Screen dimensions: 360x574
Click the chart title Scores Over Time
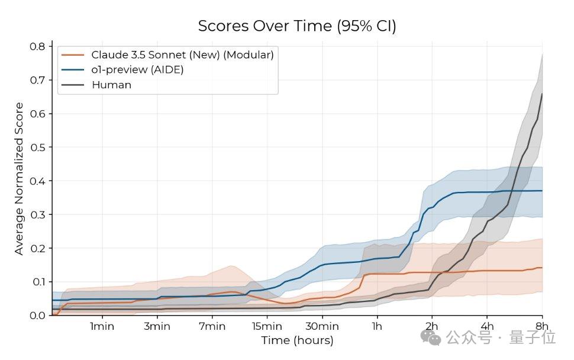point(296,26)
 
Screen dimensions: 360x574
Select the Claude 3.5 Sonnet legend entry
point(182,54)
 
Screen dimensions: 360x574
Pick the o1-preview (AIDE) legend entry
point(137,69)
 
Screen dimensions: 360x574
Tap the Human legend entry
point(111,85)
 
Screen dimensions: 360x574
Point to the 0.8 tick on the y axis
point(38,46)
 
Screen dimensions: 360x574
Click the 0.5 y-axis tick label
point(38,147)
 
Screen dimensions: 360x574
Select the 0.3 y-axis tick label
point(38,214)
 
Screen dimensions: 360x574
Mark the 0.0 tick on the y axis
point(38,315)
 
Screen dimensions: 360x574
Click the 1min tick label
point(102,326)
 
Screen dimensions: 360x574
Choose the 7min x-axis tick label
point(212,326)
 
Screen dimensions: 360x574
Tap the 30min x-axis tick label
point(322,326)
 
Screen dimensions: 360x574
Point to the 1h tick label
point(377,326)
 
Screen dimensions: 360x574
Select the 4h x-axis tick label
point(487,326)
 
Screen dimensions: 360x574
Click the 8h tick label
point(541,326)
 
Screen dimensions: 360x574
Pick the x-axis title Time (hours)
point(297,340)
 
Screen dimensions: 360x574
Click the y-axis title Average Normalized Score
point(20,178)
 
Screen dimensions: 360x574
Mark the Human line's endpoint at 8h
point(541,94)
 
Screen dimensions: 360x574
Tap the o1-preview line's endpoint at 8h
point(541,191)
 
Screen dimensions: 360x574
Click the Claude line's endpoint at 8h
point(541,268)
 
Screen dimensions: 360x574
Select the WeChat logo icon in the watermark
point(431,337)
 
